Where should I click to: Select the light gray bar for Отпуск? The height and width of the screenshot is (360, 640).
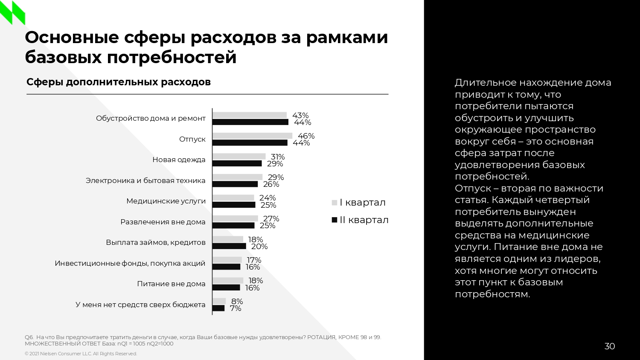click(x=252, y=136)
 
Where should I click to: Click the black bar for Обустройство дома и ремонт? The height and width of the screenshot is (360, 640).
click(x=250, y=122)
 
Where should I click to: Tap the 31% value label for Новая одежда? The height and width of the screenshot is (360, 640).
click(x=278, y=157)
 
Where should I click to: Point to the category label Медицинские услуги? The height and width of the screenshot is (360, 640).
click(x=166, y=201)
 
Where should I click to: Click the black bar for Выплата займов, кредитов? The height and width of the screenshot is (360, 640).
click(x=229, y=246)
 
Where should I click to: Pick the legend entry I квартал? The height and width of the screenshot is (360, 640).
click(x=359, y=203)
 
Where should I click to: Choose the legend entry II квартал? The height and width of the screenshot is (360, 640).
click(x=360, y=220)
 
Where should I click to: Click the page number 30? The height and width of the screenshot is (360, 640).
click(x=610, y=346)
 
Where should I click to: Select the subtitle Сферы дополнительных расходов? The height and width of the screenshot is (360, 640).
click(x=119, y=82)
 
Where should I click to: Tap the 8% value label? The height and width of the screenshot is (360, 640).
click(x=237, y=302)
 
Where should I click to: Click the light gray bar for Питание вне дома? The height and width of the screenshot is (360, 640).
click(x=228, y=281)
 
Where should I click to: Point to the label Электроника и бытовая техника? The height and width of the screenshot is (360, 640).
click(x=145, y=180)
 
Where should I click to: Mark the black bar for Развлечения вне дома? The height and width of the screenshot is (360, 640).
click(x=233, y=226)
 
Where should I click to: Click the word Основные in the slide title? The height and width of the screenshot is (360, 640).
click(x=72, y=38)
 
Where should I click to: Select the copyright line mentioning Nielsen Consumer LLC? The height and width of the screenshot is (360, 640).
click(x=81, y=354)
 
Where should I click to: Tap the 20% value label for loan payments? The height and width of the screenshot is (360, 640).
click(x=259, y=247)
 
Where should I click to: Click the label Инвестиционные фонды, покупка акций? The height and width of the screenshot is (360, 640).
click(x=130, y=263)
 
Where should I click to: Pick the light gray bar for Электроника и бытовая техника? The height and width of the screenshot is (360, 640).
click(x=237, y=177)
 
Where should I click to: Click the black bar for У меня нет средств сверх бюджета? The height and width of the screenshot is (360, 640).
click(x=218, y=308)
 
